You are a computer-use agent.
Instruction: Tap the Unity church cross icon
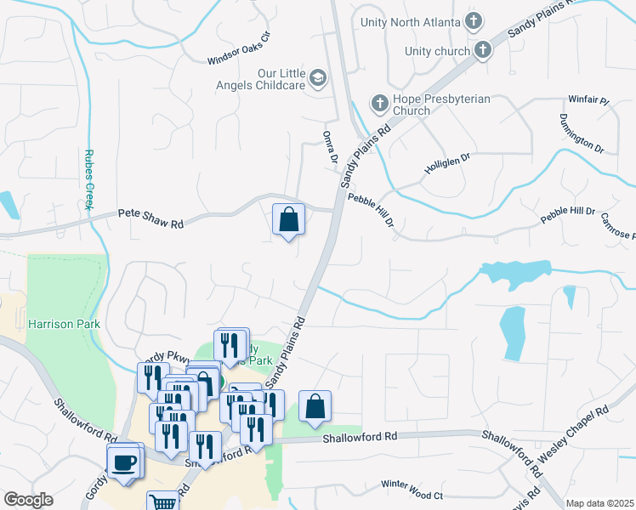(482, 50)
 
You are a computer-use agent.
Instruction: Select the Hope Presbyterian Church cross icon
(379, 105)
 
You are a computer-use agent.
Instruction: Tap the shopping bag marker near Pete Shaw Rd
(289, 219)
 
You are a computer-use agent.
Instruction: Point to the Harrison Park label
(64, 324)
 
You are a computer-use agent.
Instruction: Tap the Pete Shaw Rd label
(150, 218)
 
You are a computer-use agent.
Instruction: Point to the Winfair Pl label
(589, 100)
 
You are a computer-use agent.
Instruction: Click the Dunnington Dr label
(582, 133)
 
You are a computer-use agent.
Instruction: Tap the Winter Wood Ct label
(412, 490)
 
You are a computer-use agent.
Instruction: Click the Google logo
(28, 500)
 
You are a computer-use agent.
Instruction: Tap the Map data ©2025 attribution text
(599, 503)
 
